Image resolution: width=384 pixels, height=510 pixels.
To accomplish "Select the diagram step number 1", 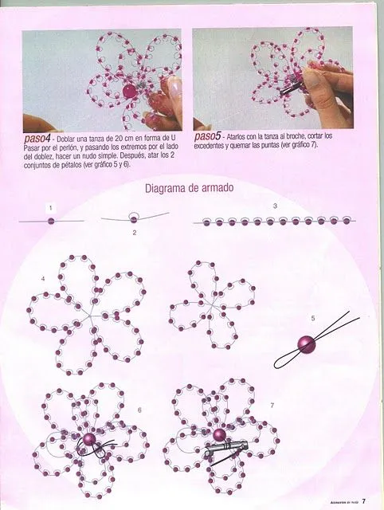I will pos(50,207).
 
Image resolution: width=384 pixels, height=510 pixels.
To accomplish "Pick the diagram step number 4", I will pos(43,279).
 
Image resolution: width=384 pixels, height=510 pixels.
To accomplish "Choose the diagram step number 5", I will pos(313,318).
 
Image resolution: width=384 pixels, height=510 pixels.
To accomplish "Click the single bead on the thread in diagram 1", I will pos(50,221).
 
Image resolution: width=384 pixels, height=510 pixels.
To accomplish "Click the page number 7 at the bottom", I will pos(362,501).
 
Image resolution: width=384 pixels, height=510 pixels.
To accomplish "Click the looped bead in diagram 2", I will pos(134,218).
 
